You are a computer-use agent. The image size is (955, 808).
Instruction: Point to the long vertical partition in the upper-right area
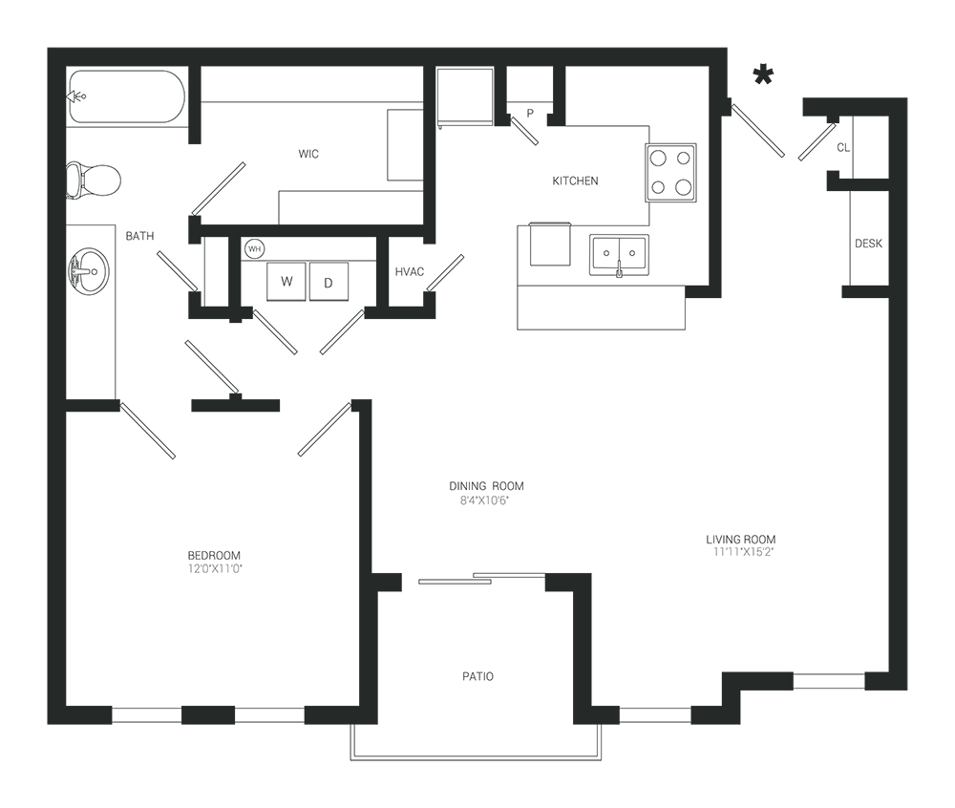(718, 172)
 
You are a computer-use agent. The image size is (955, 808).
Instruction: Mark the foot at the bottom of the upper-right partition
(702, 287)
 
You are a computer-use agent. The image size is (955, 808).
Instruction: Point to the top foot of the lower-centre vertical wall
(563, 580)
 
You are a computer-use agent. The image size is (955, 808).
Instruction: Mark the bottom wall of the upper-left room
(306, 226)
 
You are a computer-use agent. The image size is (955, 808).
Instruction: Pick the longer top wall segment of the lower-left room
(239, 404)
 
